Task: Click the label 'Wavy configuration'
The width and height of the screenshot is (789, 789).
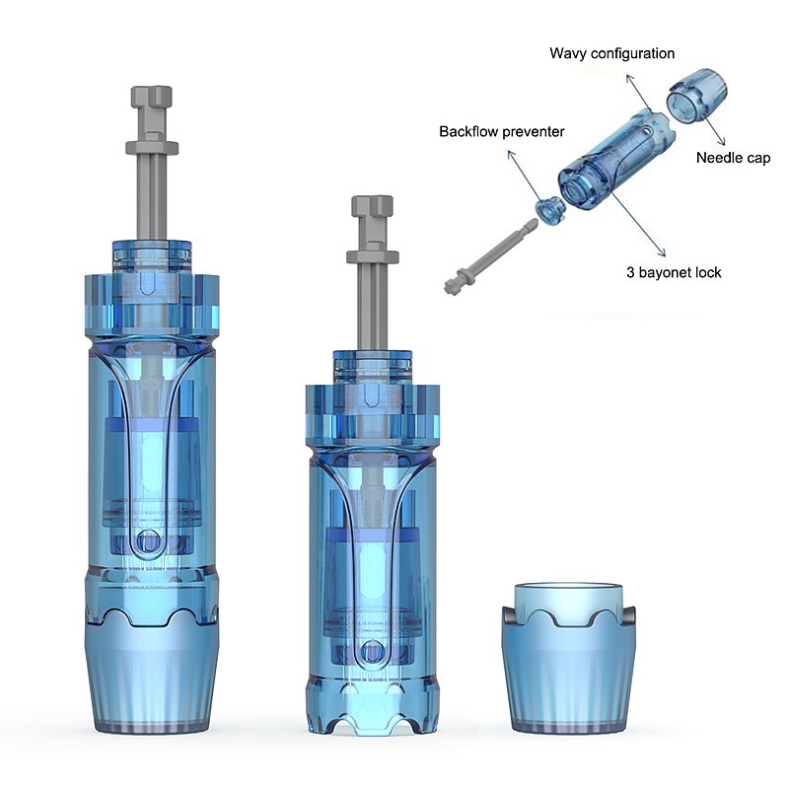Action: pyautogui.click(x=611, y=53)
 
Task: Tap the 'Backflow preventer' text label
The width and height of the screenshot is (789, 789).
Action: pyautogui.click(x=502, y=132)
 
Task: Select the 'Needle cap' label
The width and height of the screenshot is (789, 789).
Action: pyautogui.click(x=733, y=158)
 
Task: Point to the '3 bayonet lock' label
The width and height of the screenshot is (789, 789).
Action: pyautogui.click(x=674, y=272)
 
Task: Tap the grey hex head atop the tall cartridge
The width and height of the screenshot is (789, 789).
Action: pyautogui.click(x=152, y=97)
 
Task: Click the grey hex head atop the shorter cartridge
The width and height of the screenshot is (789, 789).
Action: pyautogui.click(x=373, y=206)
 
